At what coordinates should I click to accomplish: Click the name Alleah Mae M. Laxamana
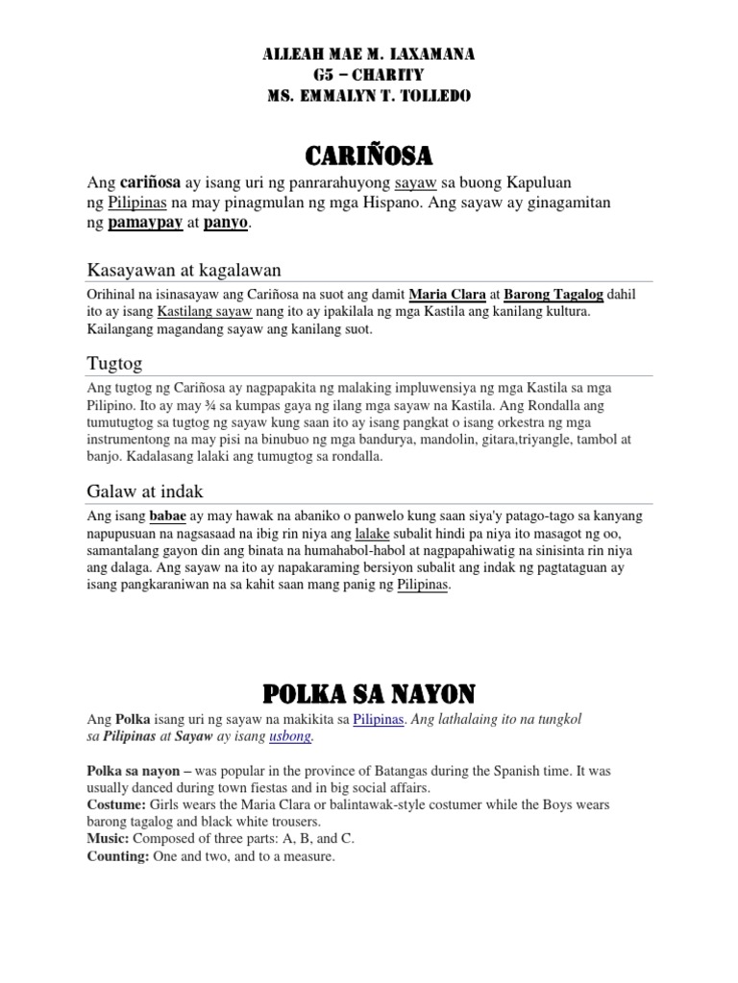coord(368,56)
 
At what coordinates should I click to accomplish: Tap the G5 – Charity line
coord(368,76)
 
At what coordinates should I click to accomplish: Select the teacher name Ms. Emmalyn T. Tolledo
coord(368,96)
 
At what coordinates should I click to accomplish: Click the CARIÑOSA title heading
coord(368,155)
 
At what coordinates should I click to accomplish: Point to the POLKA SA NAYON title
coord(368,692)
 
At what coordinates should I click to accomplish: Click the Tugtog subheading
coord(114,363)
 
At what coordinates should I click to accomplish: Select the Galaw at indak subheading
coord(145,491)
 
